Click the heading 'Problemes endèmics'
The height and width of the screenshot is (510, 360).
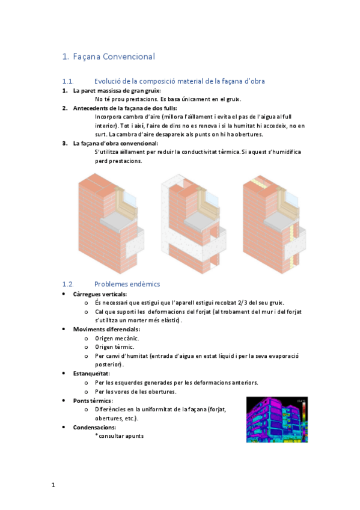(127, 284)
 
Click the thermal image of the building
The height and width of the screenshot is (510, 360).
(276, 419)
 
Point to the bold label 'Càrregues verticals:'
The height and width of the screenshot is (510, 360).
(100, 294)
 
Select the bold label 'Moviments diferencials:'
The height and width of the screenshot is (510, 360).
(106, 329)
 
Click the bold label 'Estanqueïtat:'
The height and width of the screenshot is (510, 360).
(91, 373)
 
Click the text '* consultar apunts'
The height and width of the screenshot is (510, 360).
(119, 435)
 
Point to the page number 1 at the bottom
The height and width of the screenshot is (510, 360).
(53, 484)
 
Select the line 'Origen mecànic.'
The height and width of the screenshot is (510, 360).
(117, 338)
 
